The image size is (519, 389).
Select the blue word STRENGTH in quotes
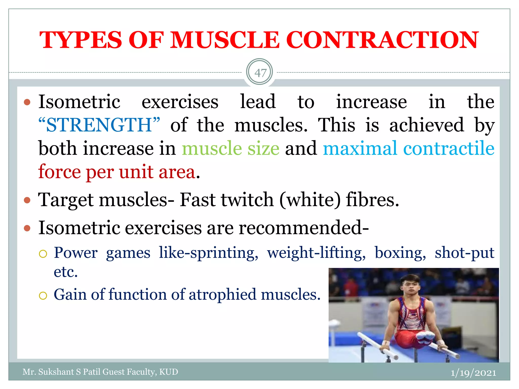(x=99, y=125)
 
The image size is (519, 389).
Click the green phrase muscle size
(x=231, y=148)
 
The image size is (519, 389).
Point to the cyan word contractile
(x=449, y=148)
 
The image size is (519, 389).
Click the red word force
(x=59, y=172)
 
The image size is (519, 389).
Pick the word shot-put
(x=465, y=253)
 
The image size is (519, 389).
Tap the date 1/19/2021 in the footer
(x=473, y=373)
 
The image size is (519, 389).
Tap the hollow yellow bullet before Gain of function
(x=43, y=296)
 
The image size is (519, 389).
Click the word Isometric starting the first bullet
(x=79, y=102)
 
